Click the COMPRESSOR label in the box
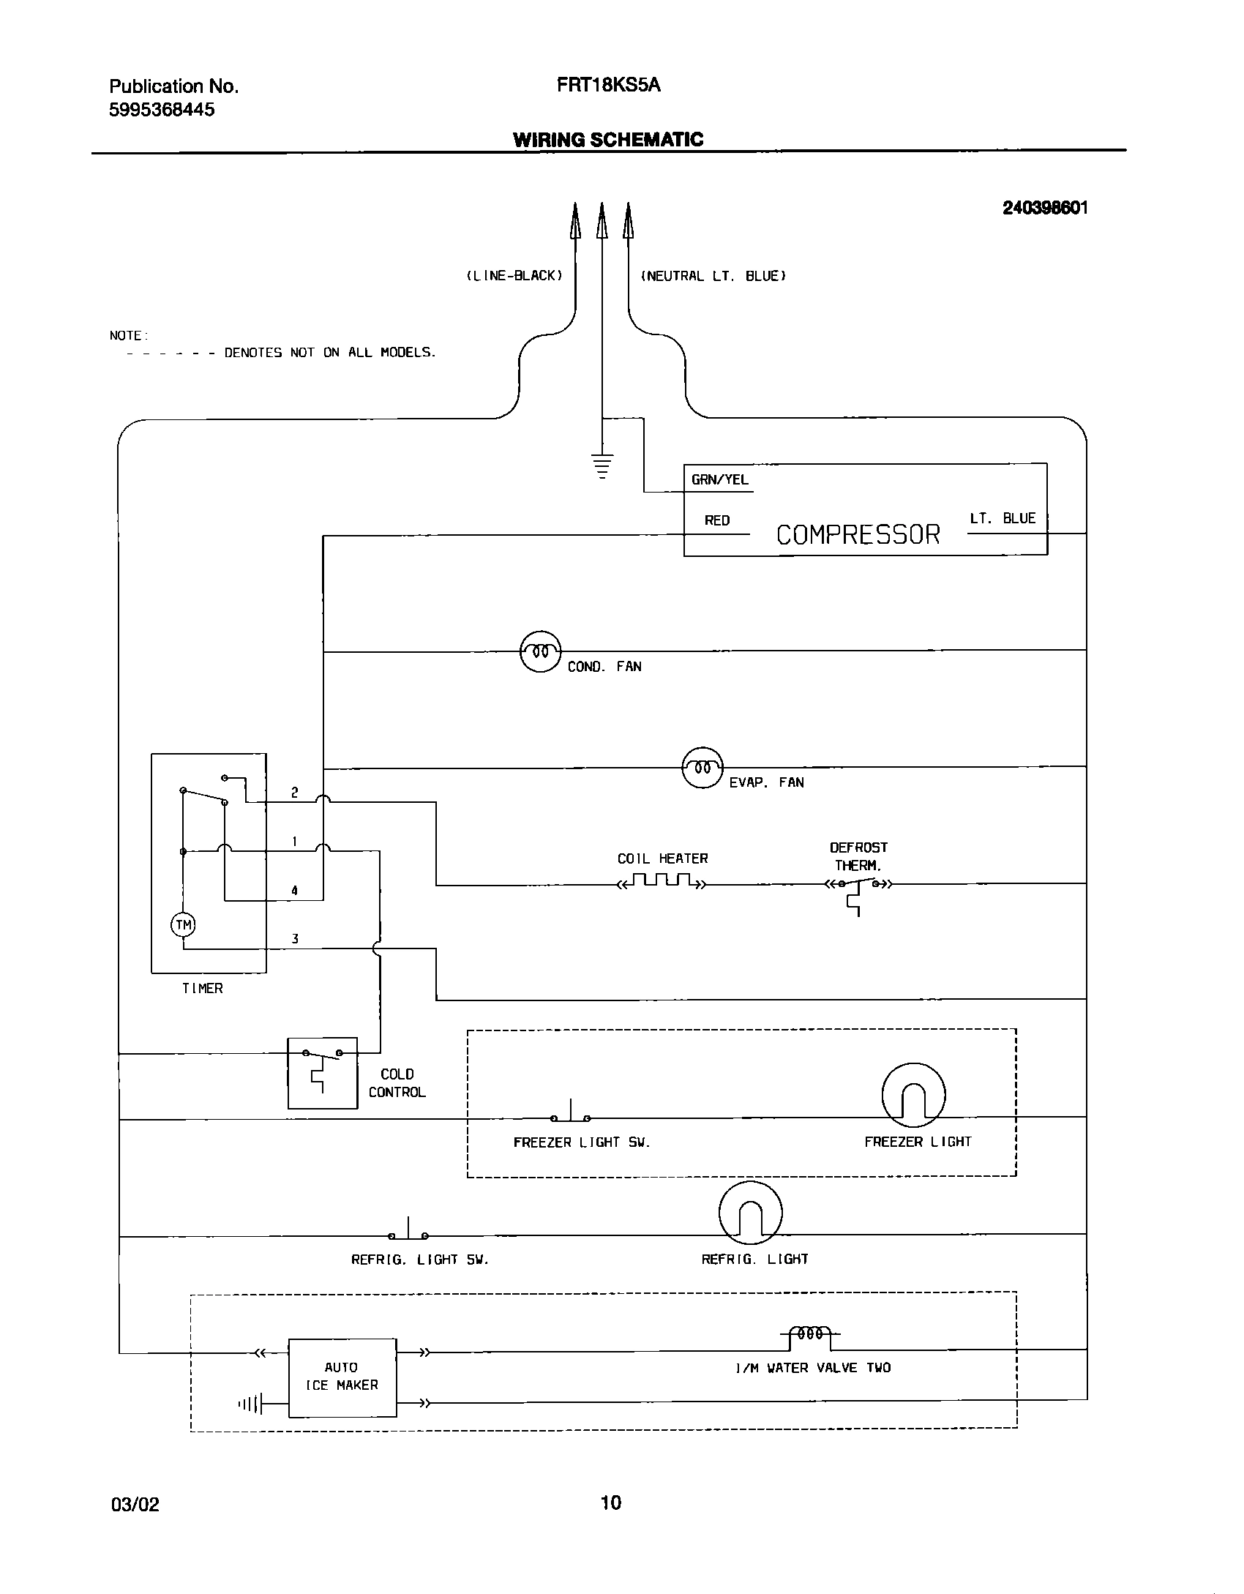857,535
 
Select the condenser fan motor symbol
540,651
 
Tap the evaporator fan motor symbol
702,767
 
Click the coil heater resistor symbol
662,880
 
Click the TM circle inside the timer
183,925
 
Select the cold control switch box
322,1072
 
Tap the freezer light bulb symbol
913,1095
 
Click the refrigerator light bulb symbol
750,1213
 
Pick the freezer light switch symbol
571,1114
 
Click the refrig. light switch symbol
408,1232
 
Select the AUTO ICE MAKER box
342,1377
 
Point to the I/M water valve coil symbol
809,1334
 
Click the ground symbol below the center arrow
602,465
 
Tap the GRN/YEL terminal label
720,480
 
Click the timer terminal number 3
295,939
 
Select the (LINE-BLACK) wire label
514,276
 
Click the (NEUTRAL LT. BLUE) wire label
713,276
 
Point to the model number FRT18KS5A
608,86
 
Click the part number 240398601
1045,208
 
